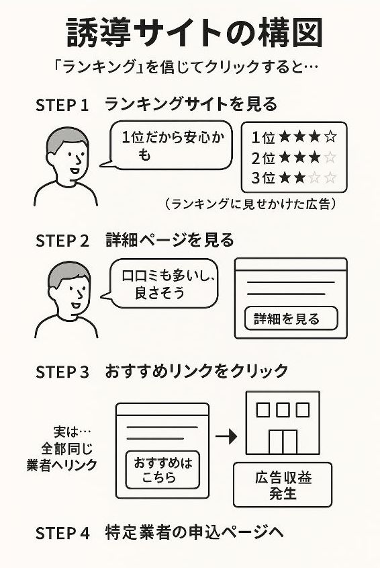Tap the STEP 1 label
[62, 106]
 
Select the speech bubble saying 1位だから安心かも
[169, 146]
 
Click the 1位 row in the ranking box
[293, 138]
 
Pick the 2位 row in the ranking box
[293, 159]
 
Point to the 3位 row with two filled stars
[293, 179]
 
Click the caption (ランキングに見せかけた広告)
[250, 203]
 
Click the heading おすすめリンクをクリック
[197, 371]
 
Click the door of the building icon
[283, 441]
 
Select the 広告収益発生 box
[283, 485]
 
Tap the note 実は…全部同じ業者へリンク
[62, 448]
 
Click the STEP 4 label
[62, 534]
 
